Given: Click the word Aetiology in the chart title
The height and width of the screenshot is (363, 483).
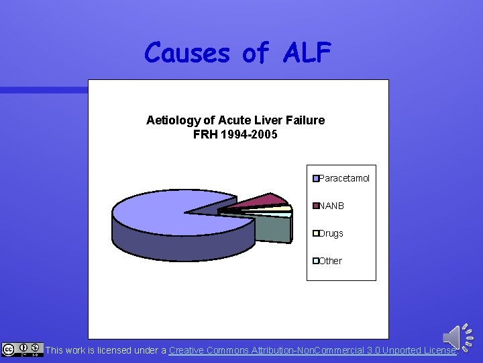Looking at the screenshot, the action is coord(172,120).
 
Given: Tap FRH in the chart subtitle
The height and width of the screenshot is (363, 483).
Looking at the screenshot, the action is coord(205,134).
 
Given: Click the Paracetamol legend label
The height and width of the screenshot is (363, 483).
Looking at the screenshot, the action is coord(344,178).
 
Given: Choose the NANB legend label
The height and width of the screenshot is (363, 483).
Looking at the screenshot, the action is coord(331,206).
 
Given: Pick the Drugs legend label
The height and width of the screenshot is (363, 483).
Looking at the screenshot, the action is coord(331,233).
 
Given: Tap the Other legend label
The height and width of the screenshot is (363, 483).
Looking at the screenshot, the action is coord(331,261).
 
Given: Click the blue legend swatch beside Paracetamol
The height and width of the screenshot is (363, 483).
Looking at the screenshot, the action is coord(315,178).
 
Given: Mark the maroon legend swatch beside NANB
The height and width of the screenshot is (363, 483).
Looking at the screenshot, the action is coord(315,206).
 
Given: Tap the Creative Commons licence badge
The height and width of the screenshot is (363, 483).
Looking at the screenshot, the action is coord(22,350).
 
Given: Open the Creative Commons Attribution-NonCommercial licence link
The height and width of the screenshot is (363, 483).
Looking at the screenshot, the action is coord(313,350).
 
